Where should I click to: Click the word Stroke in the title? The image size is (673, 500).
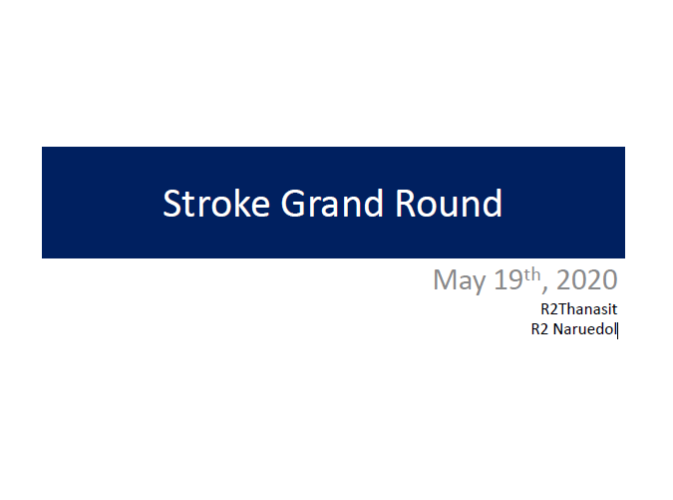point(216,204)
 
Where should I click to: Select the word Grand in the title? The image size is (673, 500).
point(332,204)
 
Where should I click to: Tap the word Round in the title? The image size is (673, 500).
point(448,204)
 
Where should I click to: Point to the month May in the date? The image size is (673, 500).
point(460,280)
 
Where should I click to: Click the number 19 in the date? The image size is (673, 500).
point(508,279)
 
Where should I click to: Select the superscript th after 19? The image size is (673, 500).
point(532,274)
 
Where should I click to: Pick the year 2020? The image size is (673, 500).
point(586,279)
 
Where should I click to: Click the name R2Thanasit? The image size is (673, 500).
point(578,308)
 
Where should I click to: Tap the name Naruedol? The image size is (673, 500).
point(584,329)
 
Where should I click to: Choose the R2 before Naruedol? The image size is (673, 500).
point(539,329)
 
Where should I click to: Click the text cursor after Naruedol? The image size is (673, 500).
point(617,330)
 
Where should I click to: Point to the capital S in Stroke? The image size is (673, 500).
point(171,204)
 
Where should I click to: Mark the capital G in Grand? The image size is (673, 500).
point(293,204)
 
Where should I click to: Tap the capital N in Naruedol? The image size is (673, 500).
point(558,329)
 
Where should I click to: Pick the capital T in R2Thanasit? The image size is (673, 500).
point(562,308)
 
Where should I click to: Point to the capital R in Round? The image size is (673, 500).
point(405,204)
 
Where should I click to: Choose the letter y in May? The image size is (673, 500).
point(479,284)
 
